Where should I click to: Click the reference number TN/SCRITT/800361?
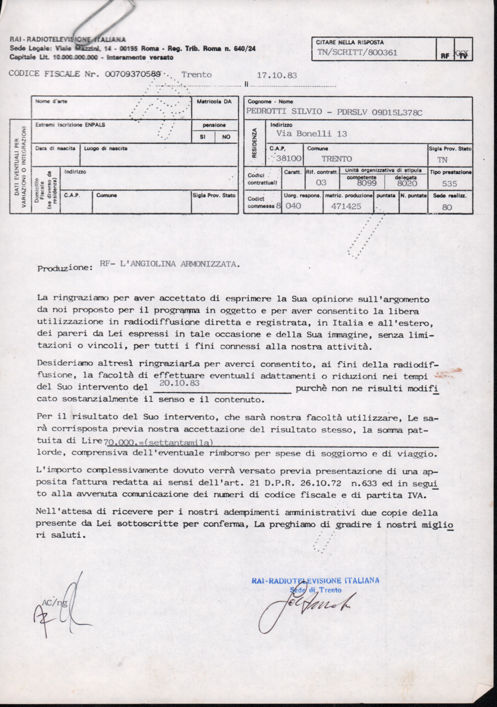[x=357, y=52]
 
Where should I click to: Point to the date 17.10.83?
[x=277, y=75]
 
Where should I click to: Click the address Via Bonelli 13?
[x=312, y=134]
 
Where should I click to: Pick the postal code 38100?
[x=289, y=159]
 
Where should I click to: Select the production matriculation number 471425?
[x=346, y=206]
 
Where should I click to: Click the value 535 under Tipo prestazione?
[x=449, y=183]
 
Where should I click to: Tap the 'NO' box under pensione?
[x=226, y=137]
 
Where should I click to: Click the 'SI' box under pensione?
[x=203, y=137]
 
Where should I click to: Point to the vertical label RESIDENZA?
[x=255, y=143]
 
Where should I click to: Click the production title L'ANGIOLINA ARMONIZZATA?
[x=180, y=264]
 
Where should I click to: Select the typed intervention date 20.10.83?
[x=179, y=383]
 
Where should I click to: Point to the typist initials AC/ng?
[x=55, y=602]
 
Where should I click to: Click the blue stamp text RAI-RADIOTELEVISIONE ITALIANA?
[x=315, y=581]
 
